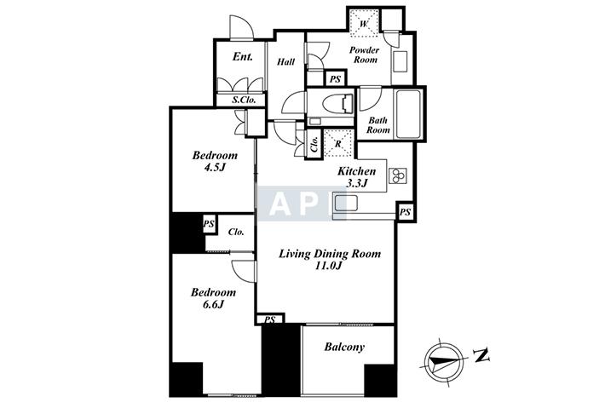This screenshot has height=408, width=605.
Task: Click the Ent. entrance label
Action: click(243, 57)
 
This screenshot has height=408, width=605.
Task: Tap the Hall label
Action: click(286, 61)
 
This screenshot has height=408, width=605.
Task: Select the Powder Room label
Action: click(365, 55)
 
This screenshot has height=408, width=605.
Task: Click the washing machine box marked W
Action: click(364, 24)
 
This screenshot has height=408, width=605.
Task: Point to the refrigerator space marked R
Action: click(338, 144)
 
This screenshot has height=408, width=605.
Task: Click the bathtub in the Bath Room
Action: click(408, 114)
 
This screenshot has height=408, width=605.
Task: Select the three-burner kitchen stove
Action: click(397, 175)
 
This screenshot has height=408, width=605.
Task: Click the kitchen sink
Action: click(346, 203)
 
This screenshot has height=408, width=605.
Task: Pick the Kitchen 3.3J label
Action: click(356, 177)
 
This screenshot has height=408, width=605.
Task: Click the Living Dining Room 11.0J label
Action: click(330, 260)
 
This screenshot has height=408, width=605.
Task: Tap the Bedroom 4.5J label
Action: click(215, 161)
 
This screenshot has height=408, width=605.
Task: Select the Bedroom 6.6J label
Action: click(213, 298)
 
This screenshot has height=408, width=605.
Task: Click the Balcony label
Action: click(344, 347)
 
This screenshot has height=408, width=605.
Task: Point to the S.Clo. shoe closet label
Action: click(244, 100)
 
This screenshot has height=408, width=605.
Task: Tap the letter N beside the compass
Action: click(481, 355)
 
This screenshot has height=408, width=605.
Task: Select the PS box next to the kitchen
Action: click(405, 212)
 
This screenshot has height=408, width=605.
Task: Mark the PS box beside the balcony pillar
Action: click(270, 319)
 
